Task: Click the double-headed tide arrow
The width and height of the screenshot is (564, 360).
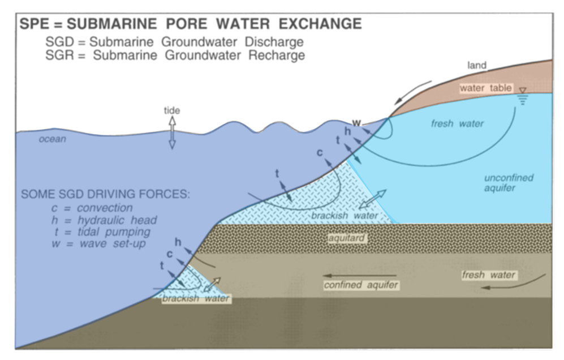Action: (173, 133)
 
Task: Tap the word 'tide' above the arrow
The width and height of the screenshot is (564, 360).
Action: (173, 111)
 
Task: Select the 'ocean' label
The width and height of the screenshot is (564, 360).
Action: (53, 139)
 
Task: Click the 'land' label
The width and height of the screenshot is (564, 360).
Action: (477, 66)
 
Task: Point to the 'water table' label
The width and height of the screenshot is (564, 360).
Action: (486, 88)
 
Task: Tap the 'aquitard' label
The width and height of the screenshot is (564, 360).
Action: (347, 238)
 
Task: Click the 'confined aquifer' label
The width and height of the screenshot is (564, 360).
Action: (361, 285)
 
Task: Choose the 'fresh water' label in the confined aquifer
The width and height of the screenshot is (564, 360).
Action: (489, 275)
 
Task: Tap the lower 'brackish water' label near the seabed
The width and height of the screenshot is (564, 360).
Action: (196, 298)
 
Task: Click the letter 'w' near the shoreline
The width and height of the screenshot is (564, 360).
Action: (356, 122)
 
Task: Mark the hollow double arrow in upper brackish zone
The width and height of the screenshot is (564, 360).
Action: (372, 200)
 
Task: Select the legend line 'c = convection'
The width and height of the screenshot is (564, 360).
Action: (91, 208)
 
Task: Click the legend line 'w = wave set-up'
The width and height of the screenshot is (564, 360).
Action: (97, 244)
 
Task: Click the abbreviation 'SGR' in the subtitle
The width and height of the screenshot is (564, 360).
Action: (59, 55)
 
